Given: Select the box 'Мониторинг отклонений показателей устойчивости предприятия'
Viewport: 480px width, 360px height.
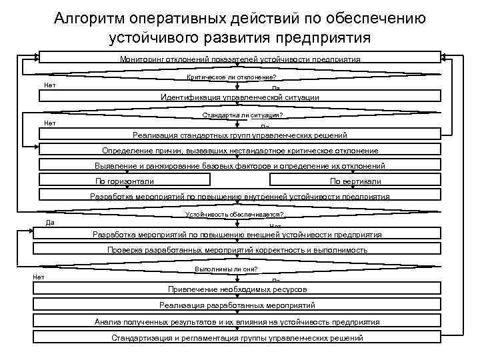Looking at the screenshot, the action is pyautogui.click(x=240, y=59).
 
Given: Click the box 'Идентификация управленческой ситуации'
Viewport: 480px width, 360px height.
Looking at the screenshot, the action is pyautogui.click(x=240, y=97).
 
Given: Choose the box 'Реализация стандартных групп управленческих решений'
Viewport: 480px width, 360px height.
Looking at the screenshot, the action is pyautogui.click(x=240, y=134).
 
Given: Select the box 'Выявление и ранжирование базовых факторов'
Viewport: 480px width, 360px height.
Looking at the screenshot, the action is pyautogui.click(x=240, y=165).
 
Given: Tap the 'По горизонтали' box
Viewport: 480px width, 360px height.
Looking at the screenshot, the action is pyautogui.click(x=125, y=181).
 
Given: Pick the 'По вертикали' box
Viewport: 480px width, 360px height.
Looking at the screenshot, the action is pyautogui.click(x=356, y=181).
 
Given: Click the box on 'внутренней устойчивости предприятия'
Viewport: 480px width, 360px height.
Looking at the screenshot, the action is pyautogui.click(x=240, y=196).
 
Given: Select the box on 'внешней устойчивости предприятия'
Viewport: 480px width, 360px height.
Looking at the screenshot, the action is pyautogui.click(x=240, y=235).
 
